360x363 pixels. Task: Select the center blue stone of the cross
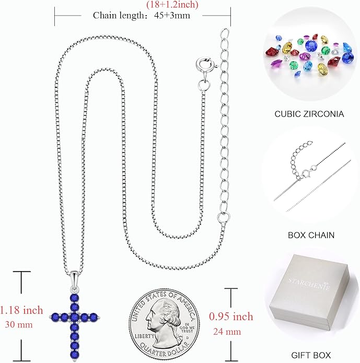[x=74, y=317]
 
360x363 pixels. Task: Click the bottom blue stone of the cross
[x=75, y=355]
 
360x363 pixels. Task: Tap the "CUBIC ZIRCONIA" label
[x=309, y=114]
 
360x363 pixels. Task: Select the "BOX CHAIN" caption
[x=311, y=235]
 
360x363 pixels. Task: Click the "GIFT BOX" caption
[x=311, y=355]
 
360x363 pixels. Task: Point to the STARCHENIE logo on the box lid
[x=309, y=284]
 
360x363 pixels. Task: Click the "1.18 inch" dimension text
[x=21, y=310]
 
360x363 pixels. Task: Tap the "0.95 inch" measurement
[x=231, y=317]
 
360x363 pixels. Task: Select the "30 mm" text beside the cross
[x=19, y=324]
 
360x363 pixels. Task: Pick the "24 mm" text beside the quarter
[x=227, y=332]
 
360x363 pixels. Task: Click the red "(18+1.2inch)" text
[x=172, y=5]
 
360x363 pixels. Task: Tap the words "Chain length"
[x=119, y=16]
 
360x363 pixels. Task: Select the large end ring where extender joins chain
[x=224, y=217]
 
